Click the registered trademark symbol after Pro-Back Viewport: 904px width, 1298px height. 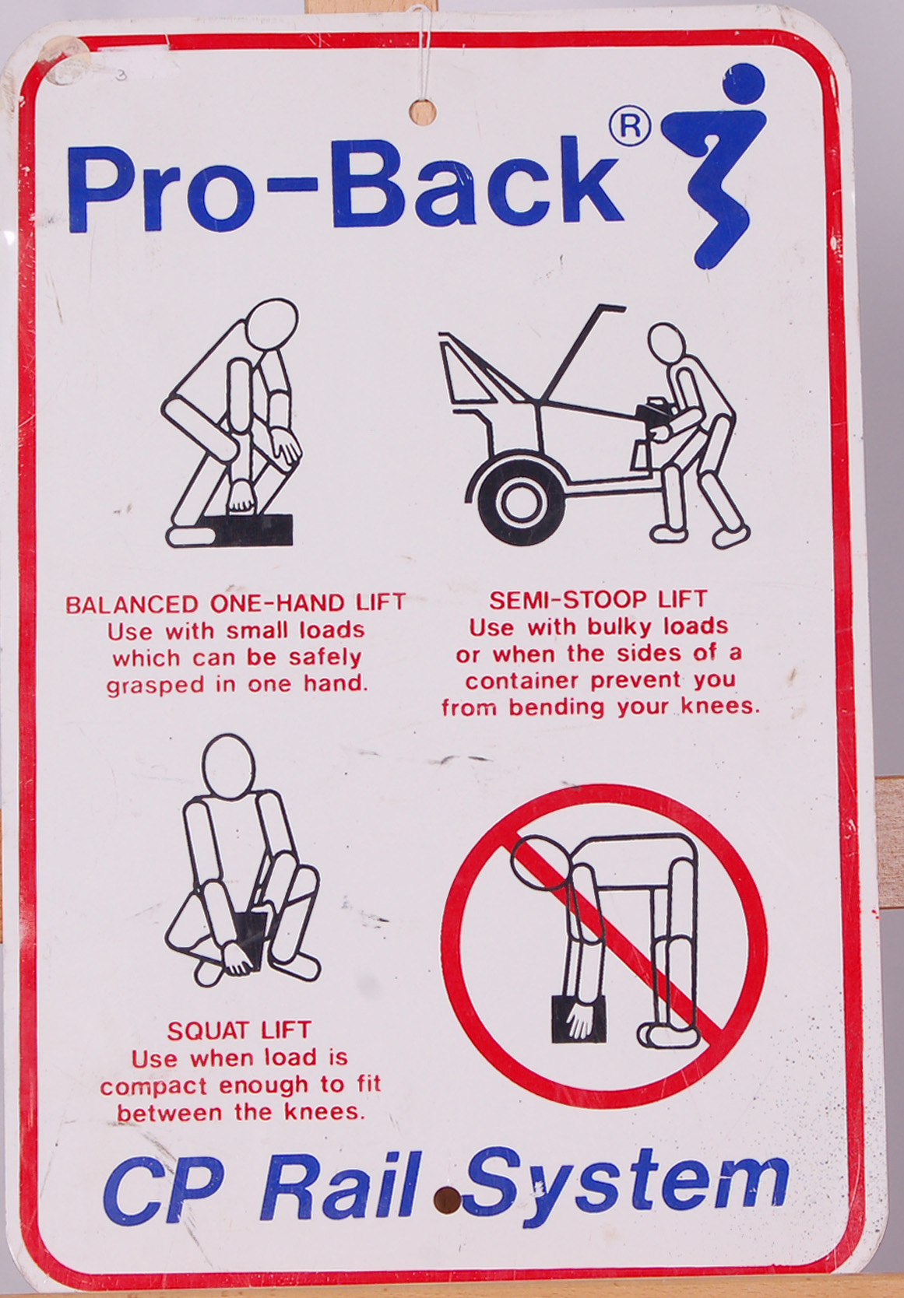pyautogui.click(x=630, y=128)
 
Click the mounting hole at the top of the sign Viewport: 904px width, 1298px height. pyautogui.click(x=423, y=113)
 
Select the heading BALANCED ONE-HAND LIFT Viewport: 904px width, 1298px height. pyautogui.click(x=235, y=605)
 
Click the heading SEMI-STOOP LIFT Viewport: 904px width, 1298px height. pyautogui.click(x=598, y=600)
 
